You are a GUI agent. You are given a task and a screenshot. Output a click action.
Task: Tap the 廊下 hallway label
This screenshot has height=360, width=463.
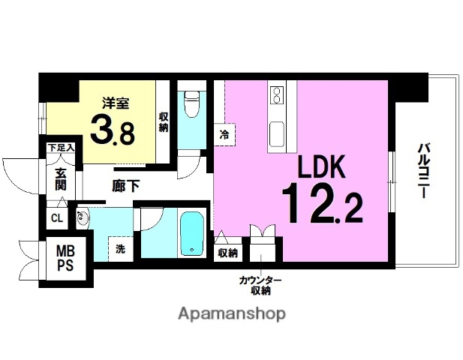(126, 186)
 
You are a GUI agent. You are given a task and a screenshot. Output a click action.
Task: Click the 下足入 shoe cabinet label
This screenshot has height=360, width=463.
(61, 148)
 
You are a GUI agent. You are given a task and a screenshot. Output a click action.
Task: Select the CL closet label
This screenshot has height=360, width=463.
(57, 219)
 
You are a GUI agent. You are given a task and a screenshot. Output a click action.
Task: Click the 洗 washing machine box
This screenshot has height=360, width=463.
(120, 249)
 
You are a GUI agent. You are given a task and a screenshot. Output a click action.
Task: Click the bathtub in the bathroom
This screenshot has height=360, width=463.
(194, 234)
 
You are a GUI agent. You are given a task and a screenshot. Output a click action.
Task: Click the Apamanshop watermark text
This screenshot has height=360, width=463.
(230, 313)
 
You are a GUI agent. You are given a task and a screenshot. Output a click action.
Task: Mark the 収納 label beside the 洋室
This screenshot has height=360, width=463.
(164, 121)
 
